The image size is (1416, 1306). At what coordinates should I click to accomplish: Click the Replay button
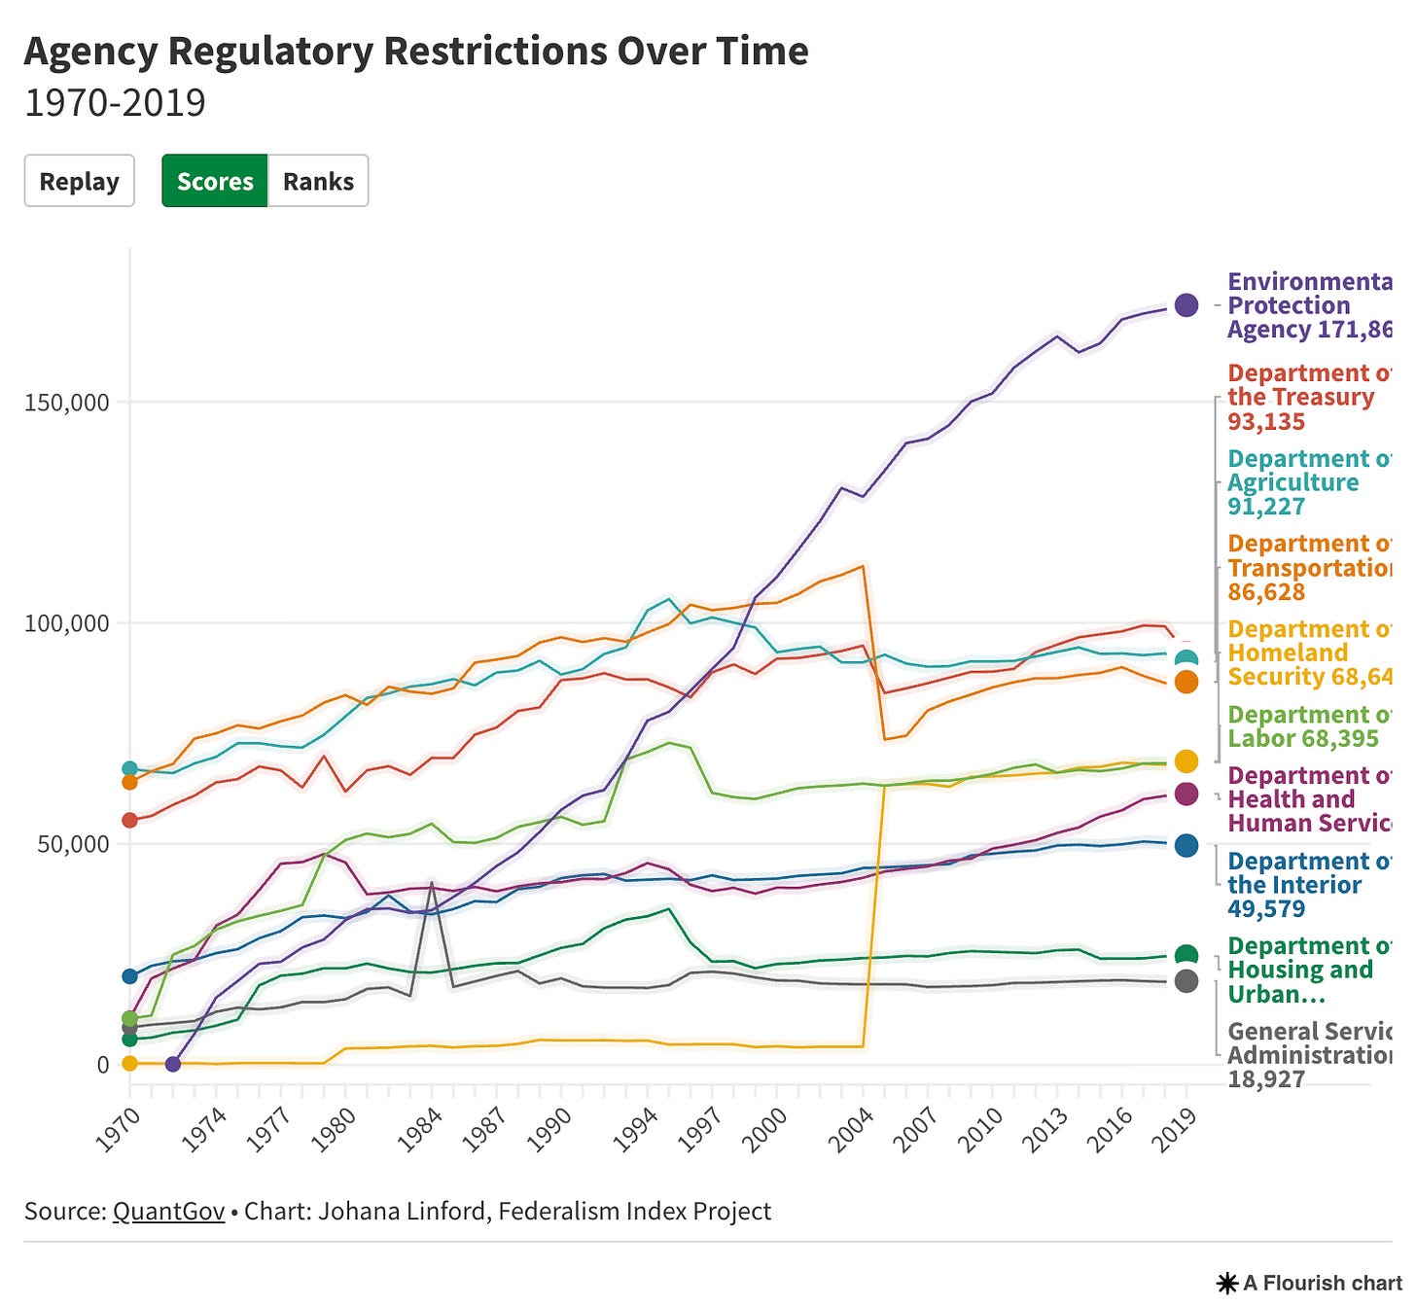(x=79, y=181)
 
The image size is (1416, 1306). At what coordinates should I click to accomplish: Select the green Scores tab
(x=215, y=181)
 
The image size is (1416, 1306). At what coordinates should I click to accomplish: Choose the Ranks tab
(x=318, y=181)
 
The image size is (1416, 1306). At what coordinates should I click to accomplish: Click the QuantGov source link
(x=168, y=1211)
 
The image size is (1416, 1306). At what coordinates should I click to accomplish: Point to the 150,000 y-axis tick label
(x=66, y=403)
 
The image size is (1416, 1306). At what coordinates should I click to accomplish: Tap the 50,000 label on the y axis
(x=73, y=844)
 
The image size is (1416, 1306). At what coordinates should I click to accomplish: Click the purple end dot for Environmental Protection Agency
(x=1186, y=305)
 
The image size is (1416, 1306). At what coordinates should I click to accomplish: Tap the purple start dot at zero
(x=173, y=1064)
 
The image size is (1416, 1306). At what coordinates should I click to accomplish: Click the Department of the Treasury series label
(x=1303, y=398)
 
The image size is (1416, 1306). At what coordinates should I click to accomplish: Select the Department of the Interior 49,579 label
(x=1295, y=885)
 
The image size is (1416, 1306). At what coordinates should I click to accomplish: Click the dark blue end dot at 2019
(x=1186, y=846)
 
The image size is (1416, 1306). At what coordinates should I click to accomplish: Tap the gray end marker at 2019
(x=1186, y=981)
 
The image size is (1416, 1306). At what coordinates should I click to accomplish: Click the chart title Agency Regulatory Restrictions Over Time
(x=416, y=52)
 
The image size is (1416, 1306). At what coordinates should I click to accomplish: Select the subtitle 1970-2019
(x=115, y=103)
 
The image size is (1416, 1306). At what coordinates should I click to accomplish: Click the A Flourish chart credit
(x=1312, y=1284)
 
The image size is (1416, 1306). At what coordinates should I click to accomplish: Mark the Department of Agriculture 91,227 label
(x=1303, y=482)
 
